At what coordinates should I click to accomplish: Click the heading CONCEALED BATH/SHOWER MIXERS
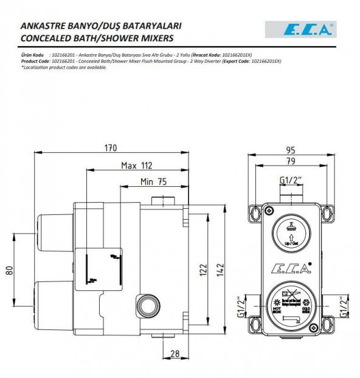point(97,38)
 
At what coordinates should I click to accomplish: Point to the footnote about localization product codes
point(64,68)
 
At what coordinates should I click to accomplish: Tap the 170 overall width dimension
point(111,149)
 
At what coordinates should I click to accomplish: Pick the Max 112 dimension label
point(136,165)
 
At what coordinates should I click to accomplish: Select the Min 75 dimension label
point(153,181)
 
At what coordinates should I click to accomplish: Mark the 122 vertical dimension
point(204,269)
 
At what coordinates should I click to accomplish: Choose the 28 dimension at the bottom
point(175,354)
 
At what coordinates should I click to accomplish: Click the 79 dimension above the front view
point(291,161)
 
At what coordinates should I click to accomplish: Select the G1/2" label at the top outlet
point(291,181)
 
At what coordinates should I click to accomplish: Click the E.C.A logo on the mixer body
point(291,266)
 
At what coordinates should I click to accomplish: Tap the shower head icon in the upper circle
point(291,228)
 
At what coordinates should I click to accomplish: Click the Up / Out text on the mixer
point(291,242)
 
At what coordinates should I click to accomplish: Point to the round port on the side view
point(148,303)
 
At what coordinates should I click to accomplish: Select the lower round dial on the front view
point(291,304)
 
